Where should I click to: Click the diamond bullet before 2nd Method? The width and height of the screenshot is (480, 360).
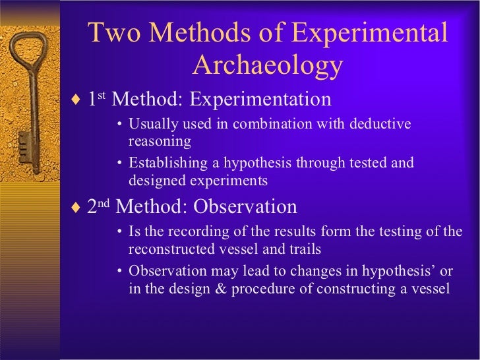tap(75, 208)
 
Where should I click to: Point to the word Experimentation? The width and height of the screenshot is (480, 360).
tap(260, 100)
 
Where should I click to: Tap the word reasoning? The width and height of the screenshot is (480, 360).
tap(160, 140)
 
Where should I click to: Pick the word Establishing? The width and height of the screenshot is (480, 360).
tap(165, 163)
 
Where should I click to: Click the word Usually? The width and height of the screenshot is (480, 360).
tap(150, 124)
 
